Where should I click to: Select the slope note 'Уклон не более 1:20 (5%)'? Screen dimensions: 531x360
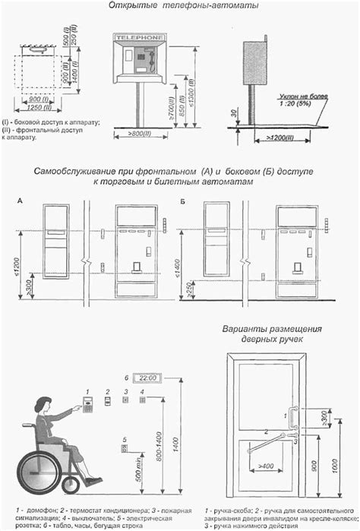tap(303, 101)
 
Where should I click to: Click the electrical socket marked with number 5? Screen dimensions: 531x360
tap(125, 447)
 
